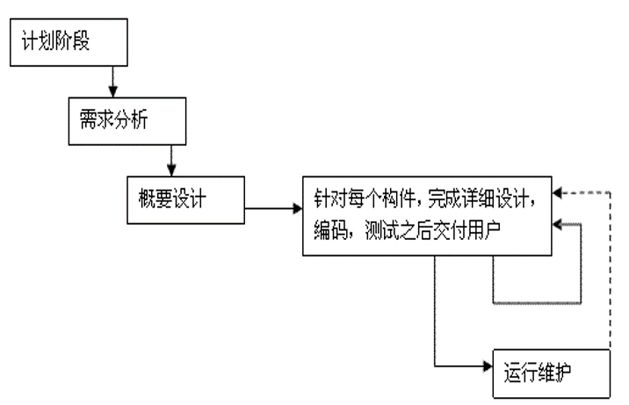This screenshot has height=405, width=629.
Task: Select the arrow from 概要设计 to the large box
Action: (273, 209)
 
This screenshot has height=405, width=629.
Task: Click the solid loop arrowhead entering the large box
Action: (561, 227)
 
